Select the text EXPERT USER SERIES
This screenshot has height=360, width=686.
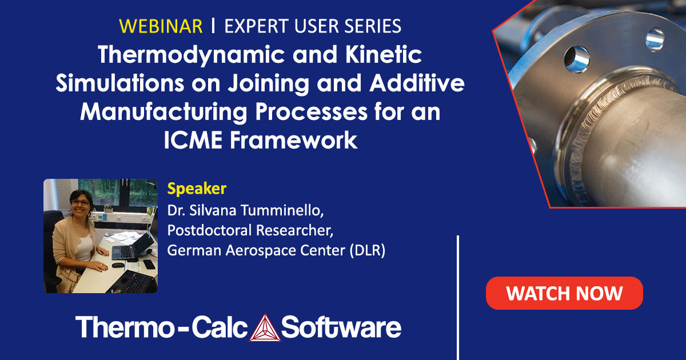pos(313,26)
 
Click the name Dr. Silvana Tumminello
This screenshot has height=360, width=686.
pos(246,210)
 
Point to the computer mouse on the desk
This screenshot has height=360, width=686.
pos(117,265)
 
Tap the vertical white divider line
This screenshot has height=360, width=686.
pos(458,297)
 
